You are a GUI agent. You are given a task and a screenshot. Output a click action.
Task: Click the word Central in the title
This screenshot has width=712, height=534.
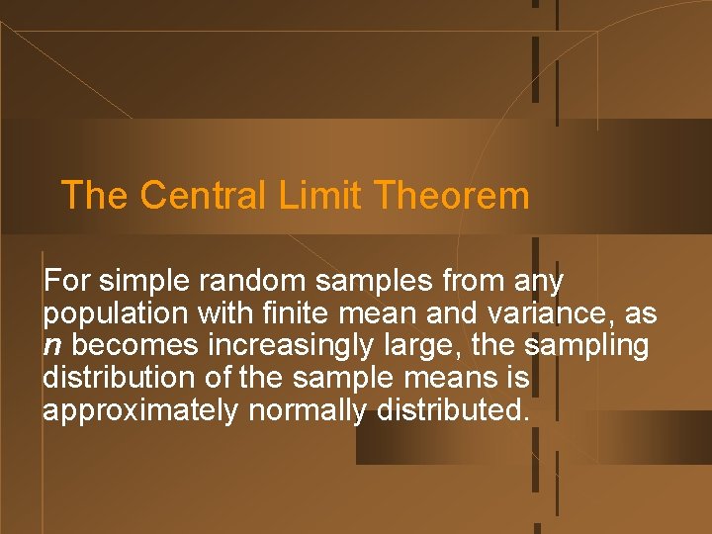click(x=202, y=195)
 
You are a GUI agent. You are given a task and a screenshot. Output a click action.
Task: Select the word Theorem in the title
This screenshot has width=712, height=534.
click(x=452, y=195)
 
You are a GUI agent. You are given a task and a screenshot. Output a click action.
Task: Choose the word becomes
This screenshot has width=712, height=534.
click(x=133, y=346)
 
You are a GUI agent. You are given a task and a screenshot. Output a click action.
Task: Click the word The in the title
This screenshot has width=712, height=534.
click(x=94, y=195)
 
